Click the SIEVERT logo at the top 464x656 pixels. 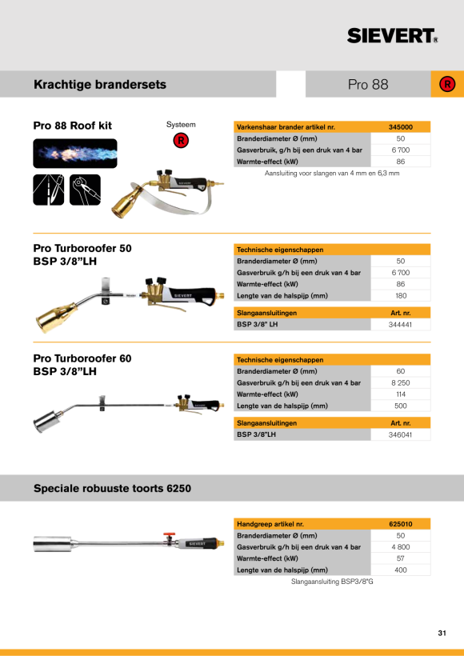(393, 36)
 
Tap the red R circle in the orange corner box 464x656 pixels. (447, 85)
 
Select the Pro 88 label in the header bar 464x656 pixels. (368, 85)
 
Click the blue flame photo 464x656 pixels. (75, 154)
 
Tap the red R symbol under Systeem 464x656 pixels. (181, 140)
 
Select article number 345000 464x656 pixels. (401, 127)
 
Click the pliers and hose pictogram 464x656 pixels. (86, 190)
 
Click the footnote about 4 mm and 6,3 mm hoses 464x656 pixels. (332, 174)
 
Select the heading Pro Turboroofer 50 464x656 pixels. (82, 249)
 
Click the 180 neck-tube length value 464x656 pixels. (401, 296)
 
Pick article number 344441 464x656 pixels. (401, 325)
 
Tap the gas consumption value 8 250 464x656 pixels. (401, 383)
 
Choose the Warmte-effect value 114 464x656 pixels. (401, 394)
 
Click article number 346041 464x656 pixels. (401, 434)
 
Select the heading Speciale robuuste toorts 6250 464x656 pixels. (113, 488)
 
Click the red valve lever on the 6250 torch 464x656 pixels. (169, 535)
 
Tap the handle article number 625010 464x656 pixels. (401, 524)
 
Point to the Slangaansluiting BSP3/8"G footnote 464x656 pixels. (332, 582)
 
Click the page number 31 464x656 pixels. (442, 633)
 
